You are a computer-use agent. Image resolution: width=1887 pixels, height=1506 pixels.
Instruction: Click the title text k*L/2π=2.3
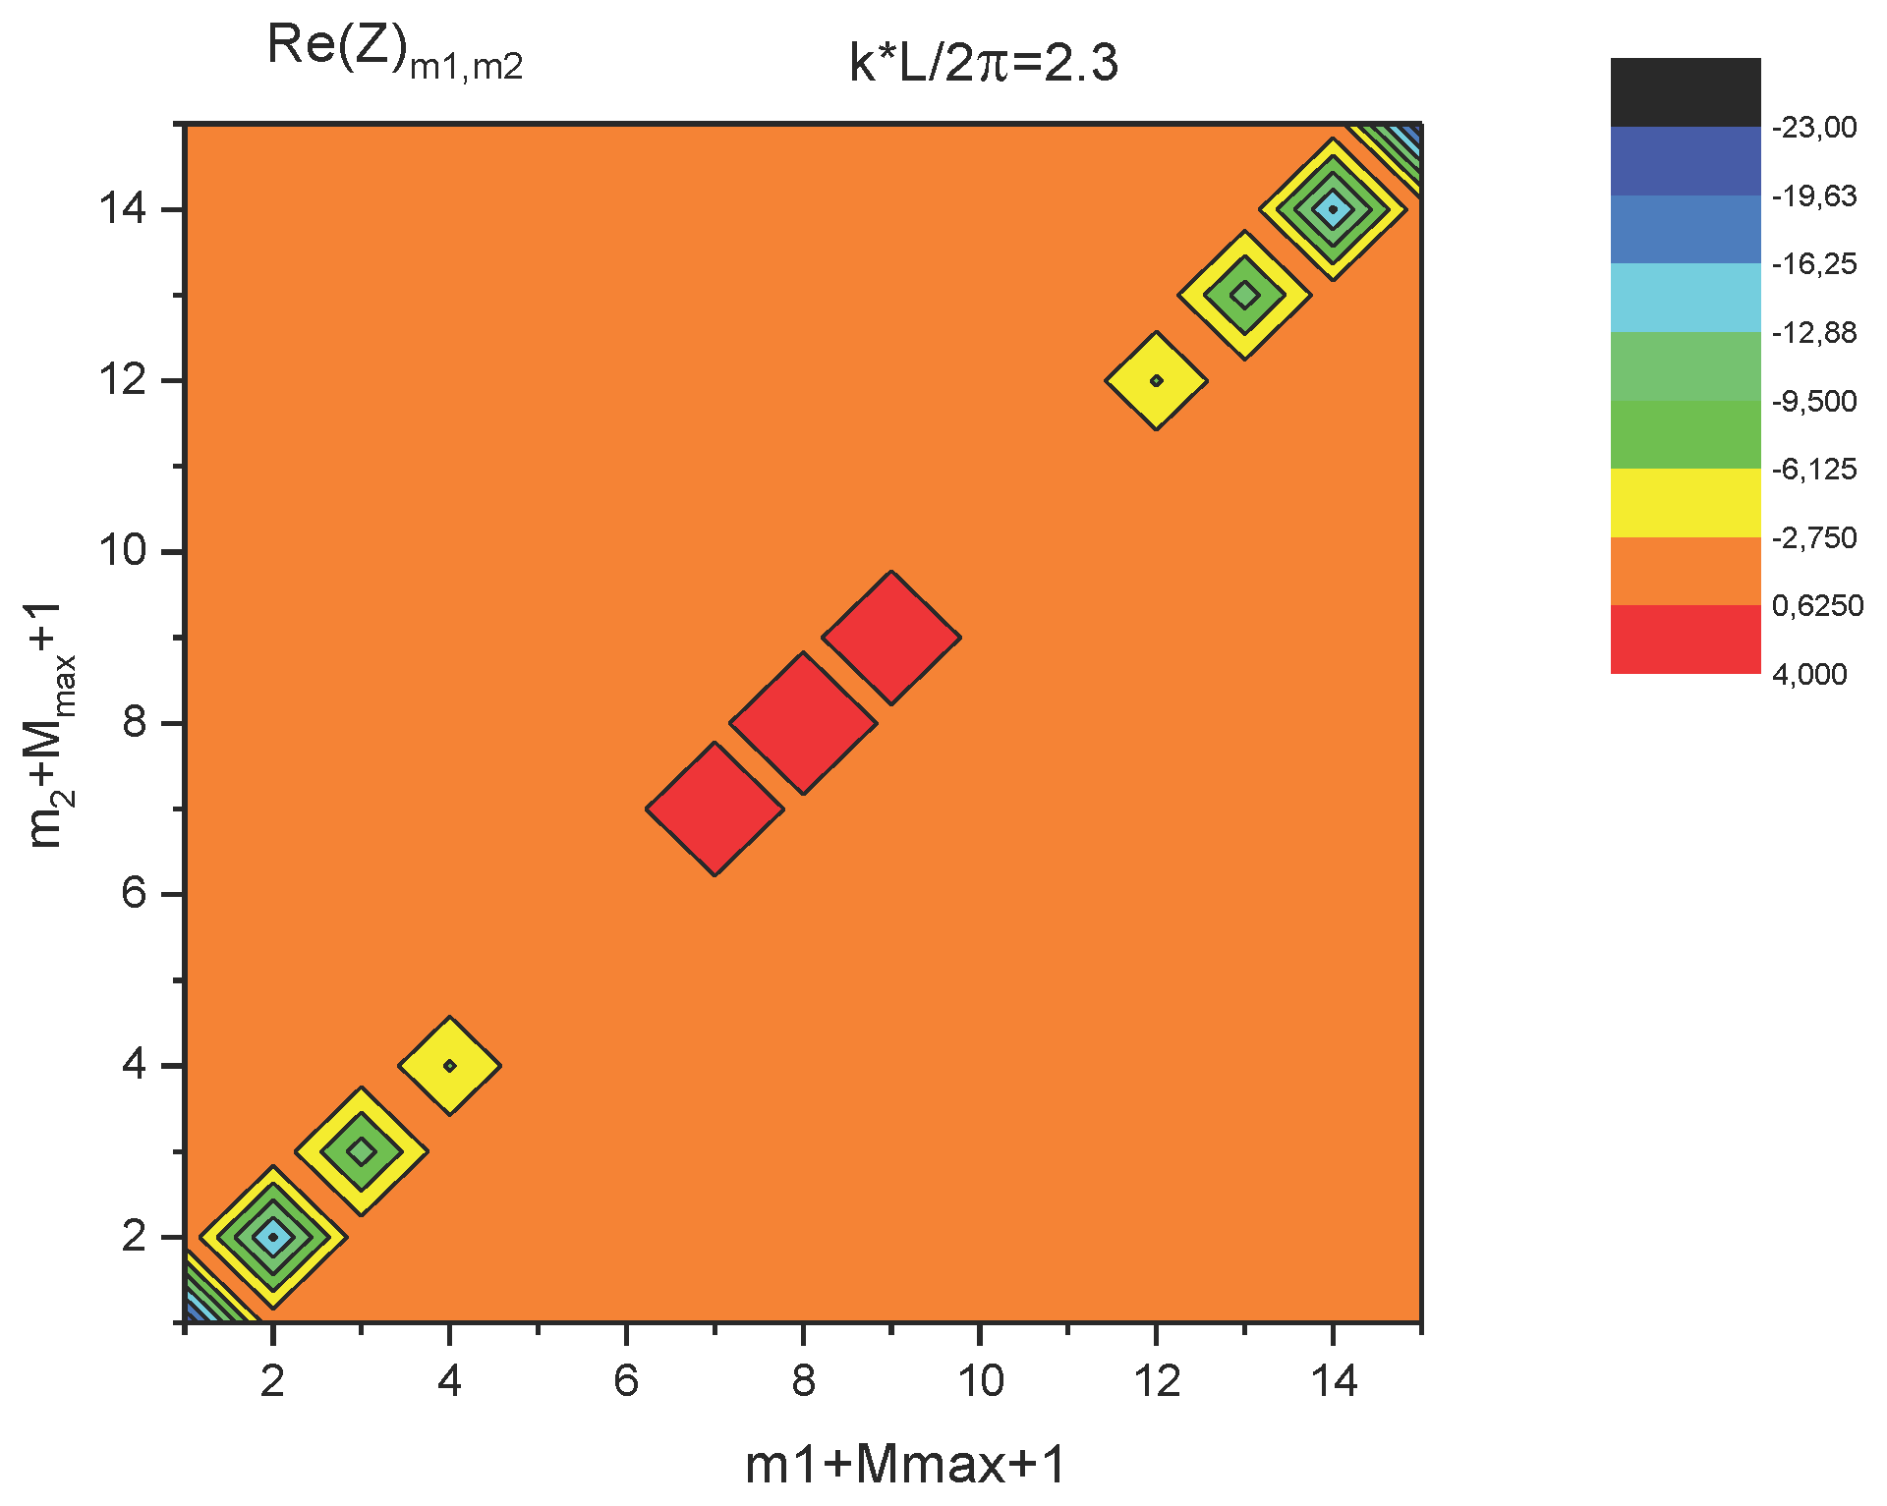pos(984,64)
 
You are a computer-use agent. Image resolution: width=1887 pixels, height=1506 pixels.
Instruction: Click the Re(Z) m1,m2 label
pos(394,51)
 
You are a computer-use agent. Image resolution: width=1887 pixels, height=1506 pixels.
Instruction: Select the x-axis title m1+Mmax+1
pos(905,1465)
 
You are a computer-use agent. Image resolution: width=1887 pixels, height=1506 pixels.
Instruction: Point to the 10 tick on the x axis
pos(980,1382)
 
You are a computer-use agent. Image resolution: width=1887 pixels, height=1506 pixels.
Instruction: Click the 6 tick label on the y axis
pos(134,894)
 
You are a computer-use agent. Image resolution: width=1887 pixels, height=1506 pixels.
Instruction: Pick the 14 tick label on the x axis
pos(1334,1382)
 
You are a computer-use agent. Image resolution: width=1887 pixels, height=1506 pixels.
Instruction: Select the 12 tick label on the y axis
pos(122,380)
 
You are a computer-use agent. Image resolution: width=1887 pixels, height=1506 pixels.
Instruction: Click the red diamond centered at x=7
pos(715,809)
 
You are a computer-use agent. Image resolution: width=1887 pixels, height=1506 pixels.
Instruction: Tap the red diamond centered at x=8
pos(803,723)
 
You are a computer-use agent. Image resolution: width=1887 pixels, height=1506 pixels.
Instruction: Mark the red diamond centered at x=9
pos(891,638)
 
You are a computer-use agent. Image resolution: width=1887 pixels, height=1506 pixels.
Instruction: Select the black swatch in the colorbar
pos(1685,92)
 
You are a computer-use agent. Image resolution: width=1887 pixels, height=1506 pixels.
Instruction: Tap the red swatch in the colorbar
pos(1685,640)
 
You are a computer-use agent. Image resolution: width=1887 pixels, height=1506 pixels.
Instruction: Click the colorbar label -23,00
pos(1814,128)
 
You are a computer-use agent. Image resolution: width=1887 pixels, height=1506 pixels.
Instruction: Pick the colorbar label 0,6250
pos(1817,606)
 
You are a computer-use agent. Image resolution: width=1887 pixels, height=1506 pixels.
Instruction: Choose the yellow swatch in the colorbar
pos(1685,503)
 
